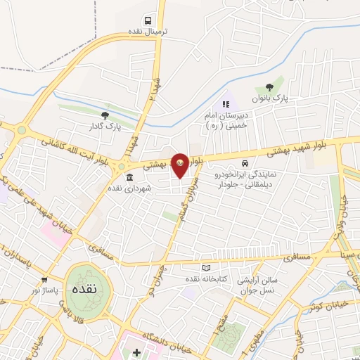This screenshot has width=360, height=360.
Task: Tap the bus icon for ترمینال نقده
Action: pos(148,20)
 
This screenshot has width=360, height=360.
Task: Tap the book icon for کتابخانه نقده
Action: pos(206,267)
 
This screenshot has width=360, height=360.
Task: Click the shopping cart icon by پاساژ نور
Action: pos(44,279)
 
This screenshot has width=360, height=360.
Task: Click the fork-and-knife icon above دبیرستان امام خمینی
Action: pos(226,104)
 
